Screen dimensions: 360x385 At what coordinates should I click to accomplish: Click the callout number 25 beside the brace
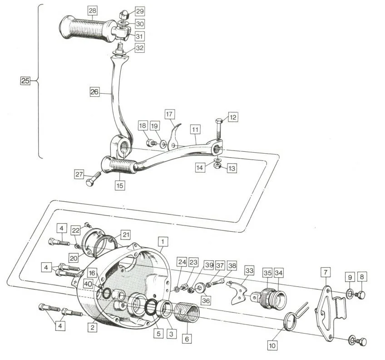[25, 81]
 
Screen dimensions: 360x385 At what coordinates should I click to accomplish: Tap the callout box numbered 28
[93, 10]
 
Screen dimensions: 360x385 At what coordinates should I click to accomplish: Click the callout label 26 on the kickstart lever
[94, 91]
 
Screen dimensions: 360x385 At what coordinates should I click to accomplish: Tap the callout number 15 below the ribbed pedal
[119, 185]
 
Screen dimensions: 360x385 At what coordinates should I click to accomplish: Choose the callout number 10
[272, 346]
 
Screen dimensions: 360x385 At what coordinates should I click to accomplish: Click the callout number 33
[249, 271]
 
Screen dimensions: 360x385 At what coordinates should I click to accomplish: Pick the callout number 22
[75, 231]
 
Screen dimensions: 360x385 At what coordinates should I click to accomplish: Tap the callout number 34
[279, 273]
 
